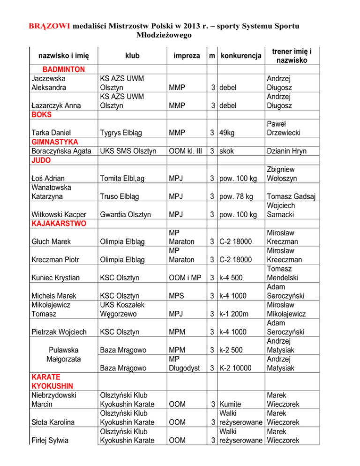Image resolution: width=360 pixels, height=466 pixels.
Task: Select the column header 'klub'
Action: [x=132, y=56]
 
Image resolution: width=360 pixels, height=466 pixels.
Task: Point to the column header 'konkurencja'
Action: [x=241, y=56]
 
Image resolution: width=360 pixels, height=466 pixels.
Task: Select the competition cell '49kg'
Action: [x=230, y=133]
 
